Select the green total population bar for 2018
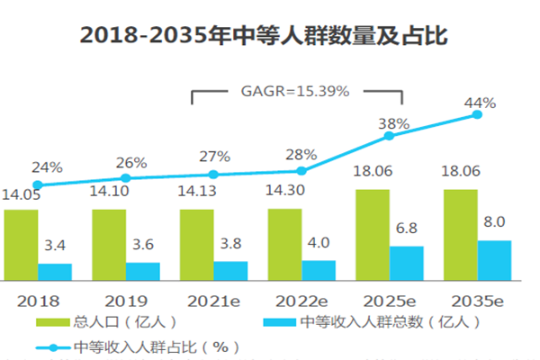click(x=20, y=242)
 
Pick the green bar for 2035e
click(x=460, y=232)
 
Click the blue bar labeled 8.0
click(x=494, y=257)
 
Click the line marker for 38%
click(x=390, y=136)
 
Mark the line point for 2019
click(x=126, y=178)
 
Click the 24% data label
click(x=48, y=166)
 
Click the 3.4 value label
click(x=54, y=245)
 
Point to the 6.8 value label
click(x=406, y=228)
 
